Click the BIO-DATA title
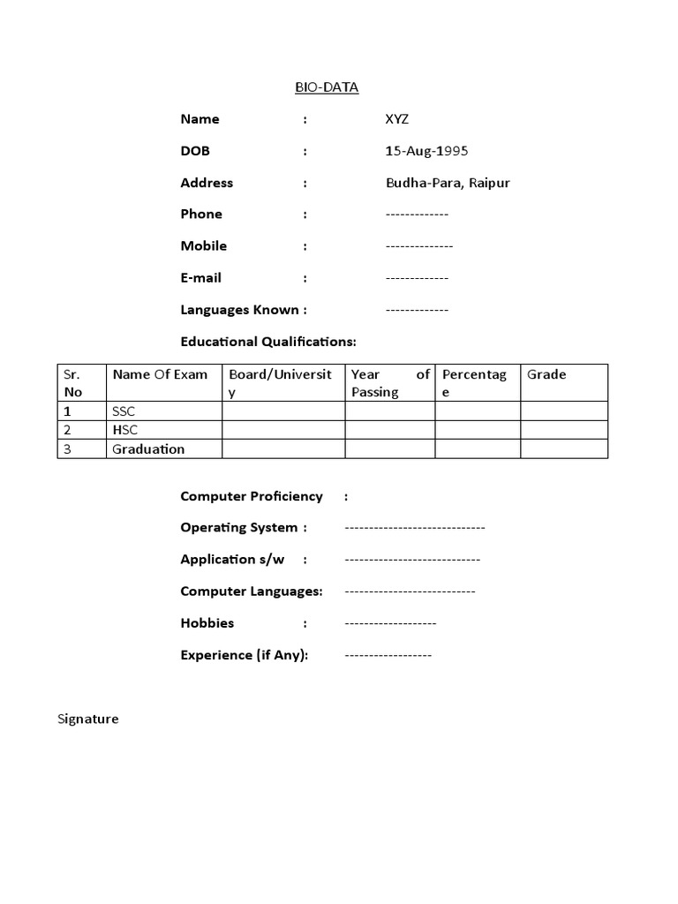click(x=327, y=87)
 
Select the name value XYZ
click(x=397, y=119)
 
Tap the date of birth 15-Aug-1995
click(x=426, y=151)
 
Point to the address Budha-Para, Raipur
click(x=448, y=183)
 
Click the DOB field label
click(x=195, y=151)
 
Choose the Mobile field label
click(x=203, y=245)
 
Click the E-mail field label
click(x=200, y=277)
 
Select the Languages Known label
click(x=243, y=310)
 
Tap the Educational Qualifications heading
click(x=268, y=342)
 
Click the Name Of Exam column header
click(x=160, y=374)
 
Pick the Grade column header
click(x=546, y=374)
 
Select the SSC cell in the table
click(x=124, y=411)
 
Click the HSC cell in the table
click(x=124, y=430)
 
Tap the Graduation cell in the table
click(x=148, y=448)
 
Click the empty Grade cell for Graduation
click(x=563, y=448)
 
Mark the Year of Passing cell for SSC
click(x=389, y=411)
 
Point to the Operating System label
click(x=238, y=528)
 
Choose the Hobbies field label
click(x=207, y=623)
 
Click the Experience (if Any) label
click(x=244, y=655)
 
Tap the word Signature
click(x=87, y=719)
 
